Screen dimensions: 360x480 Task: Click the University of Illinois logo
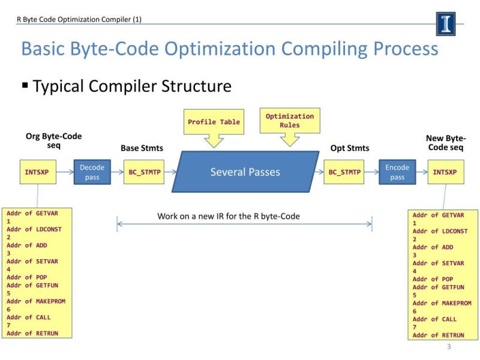(445, 24)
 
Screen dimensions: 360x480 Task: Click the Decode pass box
(92, 172)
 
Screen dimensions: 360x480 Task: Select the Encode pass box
(397, 172)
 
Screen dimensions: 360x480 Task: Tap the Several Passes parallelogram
(245, 172)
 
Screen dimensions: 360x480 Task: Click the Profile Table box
(214, 122)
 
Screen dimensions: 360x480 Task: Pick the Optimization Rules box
(290, 121)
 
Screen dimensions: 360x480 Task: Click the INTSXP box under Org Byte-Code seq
(37, 172)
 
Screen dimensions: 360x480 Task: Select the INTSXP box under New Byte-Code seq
(445, 172)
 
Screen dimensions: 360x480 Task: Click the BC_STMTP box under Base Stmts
(144, 172)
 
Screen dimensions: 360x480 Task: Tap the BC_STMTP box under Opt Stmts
(345, 172)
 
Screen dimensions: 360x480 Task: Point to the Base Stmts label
(142, 148)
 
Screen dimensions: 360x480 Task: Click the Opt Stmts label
(350, 148)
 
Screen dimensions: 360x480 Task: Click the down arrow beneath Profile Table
(214, 141)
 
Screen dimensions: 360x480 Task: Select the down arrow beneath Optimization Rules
(290, 140)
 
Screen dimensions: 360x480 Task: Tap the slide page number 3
(449, 347)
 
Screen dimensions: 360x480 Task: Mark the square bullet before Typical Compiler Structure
(25, 85)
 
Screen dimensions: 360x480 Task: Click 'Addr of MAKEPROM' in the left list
(36, 301)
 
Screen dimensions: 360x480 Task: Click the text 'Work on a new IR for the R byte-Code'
(229, 216)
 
